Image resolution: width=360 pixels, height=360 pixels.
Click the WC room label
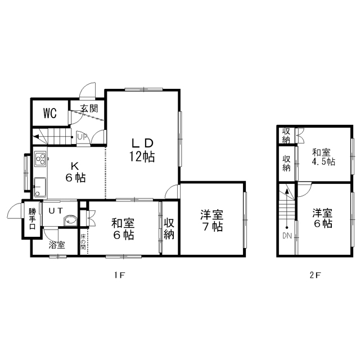pyautogui.click(x=50, y=113)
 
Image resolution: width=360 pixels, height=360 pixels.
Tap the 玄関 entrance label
pyautogui.click(x=89, y=109)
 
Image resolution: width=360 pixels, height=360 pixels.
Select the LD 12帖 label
pyautogui.click(x=142, y=150)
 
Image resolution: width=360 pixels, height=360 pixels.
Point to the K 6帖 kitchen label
pyautogui.click(x=75, y=172)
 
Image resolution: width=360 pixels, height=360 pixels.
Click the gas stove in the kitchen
pyautogui.click(x=40, y=159)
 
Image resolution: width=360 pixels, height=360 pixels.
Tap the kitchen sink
pyautogui.click(x=40, y=187)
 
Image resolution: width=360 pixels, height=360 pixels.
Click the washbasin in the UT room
pyautogui.click(x=70, y=220)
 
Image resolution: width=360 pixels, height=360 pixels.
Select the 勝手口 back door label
pyautogui.click(x=33, y=219)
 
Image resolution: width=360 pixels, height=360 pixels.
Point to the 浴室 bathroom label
pyautogui.click(x=57, y=245)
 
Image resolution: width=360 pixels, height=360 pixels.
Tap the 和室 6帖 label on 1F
pyautogui.click(x=123, y=229)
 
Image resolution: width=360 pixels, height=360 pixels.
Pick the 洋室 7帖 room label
pyautogui.click(x=211, y=220)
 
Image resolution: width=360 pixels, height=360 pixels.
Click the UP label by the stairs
pyautogui.click(x=82, y=137)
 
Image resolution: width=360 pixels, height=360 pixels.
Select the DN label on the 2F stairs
pyautogui.click(x=287, y=236)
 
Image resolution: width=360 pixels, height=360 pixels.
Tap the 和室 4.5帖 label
pyautogui.click(x=323, y=157)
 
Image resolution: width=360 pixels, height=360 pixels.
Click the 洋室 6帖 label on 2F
pyautogui.click(x=322, y=218)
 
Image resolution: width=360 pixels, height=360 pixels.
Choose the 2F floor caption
pyautogui.click(x=315, y=275)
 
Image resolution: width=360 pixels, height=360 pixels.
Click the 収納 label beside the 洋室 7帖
pyautogui.click(x=169, y=229)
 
